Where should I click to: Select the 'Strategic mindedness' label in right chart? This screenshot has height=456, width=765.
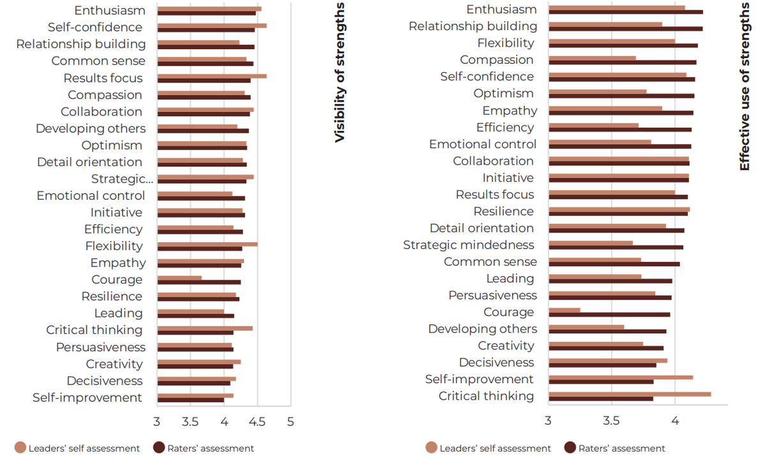click(469, 245)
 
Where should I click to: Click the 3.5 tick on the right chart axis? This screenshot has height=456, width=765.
click(612, 420)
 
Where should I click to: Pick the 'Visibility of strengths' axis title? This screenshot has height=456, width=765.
click(340, 72)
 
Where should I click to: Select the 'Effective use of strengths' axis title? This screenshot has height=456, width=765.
click(745, 86)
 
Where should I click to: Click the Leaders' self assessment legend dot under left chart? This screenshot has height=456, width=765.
click(20, 448)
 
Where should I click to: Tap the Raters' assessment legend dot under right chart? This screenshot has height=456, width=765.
click(570, 448)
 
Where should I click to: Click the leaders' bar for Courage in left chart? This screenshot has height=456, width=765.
click(179, 278)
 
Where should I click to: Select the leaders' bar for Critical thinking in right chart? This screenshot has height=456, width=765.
click(630, 394)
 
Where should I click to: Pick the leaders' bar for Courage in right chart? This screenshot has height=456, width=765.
click(564, 310)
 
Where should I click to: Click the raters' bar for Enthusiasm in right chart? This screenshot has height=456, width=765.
click(626, 12)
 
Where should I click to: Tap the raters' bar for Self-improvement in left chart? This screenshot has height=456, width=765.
click(190, 400)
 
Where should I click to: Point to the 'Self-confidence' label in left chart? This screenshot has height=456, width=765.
click(95, 27)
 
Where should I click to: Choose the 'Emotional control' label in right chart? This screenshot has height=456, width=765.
click(483, 144)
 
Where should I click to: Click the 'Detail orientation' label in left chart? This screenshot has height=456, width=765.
click(89, 162)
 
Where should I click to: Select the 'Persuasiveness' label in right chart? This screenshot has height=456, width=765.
click(492, 295)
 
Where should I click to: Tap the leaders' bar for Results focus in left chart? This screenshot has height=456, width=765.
click(212, 76)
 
